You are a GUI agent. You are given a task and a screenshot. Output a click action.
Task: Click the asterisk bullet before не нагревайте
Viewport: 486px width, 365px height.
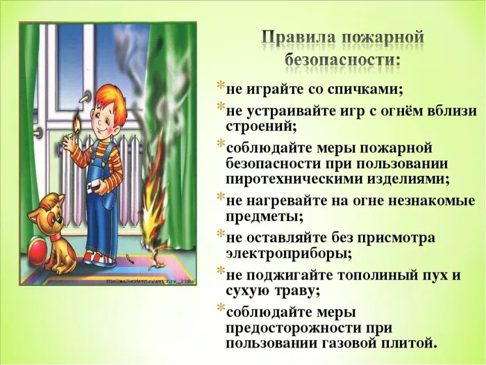pyautogui.click(x=220, y=198)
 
